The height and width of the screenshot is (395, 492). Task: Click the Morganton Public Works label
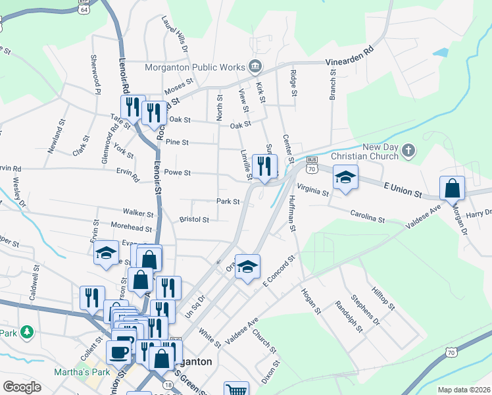point(195,66)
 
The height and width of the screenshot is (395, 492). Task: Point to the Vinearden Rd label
point(354,57)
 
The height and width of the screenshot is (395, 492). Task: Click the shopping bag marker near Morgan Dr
point(453,188)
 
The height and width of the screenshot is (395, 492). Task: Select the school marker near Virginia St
point(345,177)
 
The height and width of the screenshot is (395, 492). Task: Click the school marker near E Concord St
point(248,267)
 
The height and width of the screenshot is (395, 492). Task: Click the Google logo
point(22,387)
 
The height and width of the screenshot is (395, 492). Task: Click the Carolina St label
point(367,217)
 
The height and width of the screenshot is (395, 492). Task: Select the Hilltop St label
point(383,298)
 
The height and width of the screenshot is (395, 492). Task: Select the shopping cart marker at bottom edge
point(236,389)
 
